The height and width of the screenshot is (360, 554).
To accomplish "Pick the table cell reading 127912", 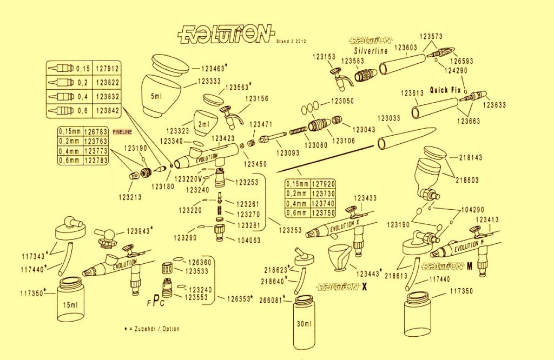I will pos(107,69).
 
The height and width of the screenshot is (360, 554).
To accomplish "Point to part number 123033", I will pos(389,118).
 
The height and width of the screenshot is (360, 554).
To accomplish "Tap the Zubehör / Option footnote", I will pos(153,329).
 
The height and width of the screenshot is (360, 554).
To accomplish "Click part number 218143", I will pos(471,157).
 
